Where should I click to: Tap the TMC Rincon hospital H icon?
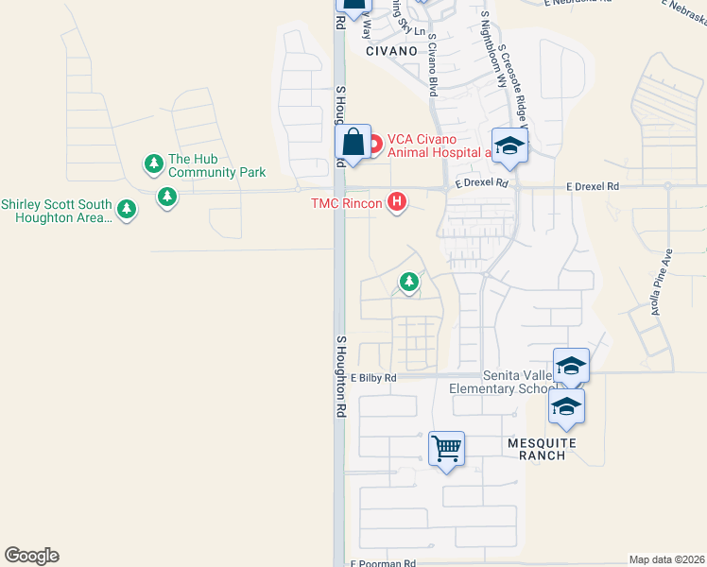[398, 201]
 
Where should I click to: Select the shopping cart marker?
[446, 447]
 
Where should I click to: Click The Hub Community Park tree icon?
[153, 164]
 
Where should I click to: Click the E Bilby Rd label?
[373, 378]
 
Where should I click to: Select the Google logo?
[31, 556]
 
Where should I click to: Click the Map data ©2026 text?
[666, 559]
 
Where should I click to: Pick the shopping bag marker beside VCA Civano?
[353, 144]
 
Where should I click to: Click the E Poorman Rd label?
[383, 563]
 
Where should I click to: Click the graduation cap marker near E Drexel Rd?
[509, 145]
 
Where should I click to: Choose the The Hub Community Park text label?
[216, 165]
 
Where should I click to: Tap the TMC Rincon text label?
[347, 203]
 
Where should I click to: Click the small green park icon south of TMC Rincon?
[408, 281]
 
